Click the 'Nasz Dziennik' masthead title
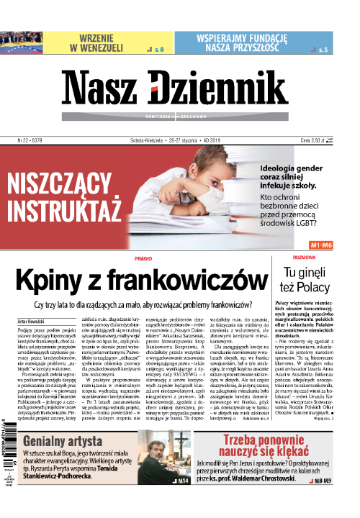179,91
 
